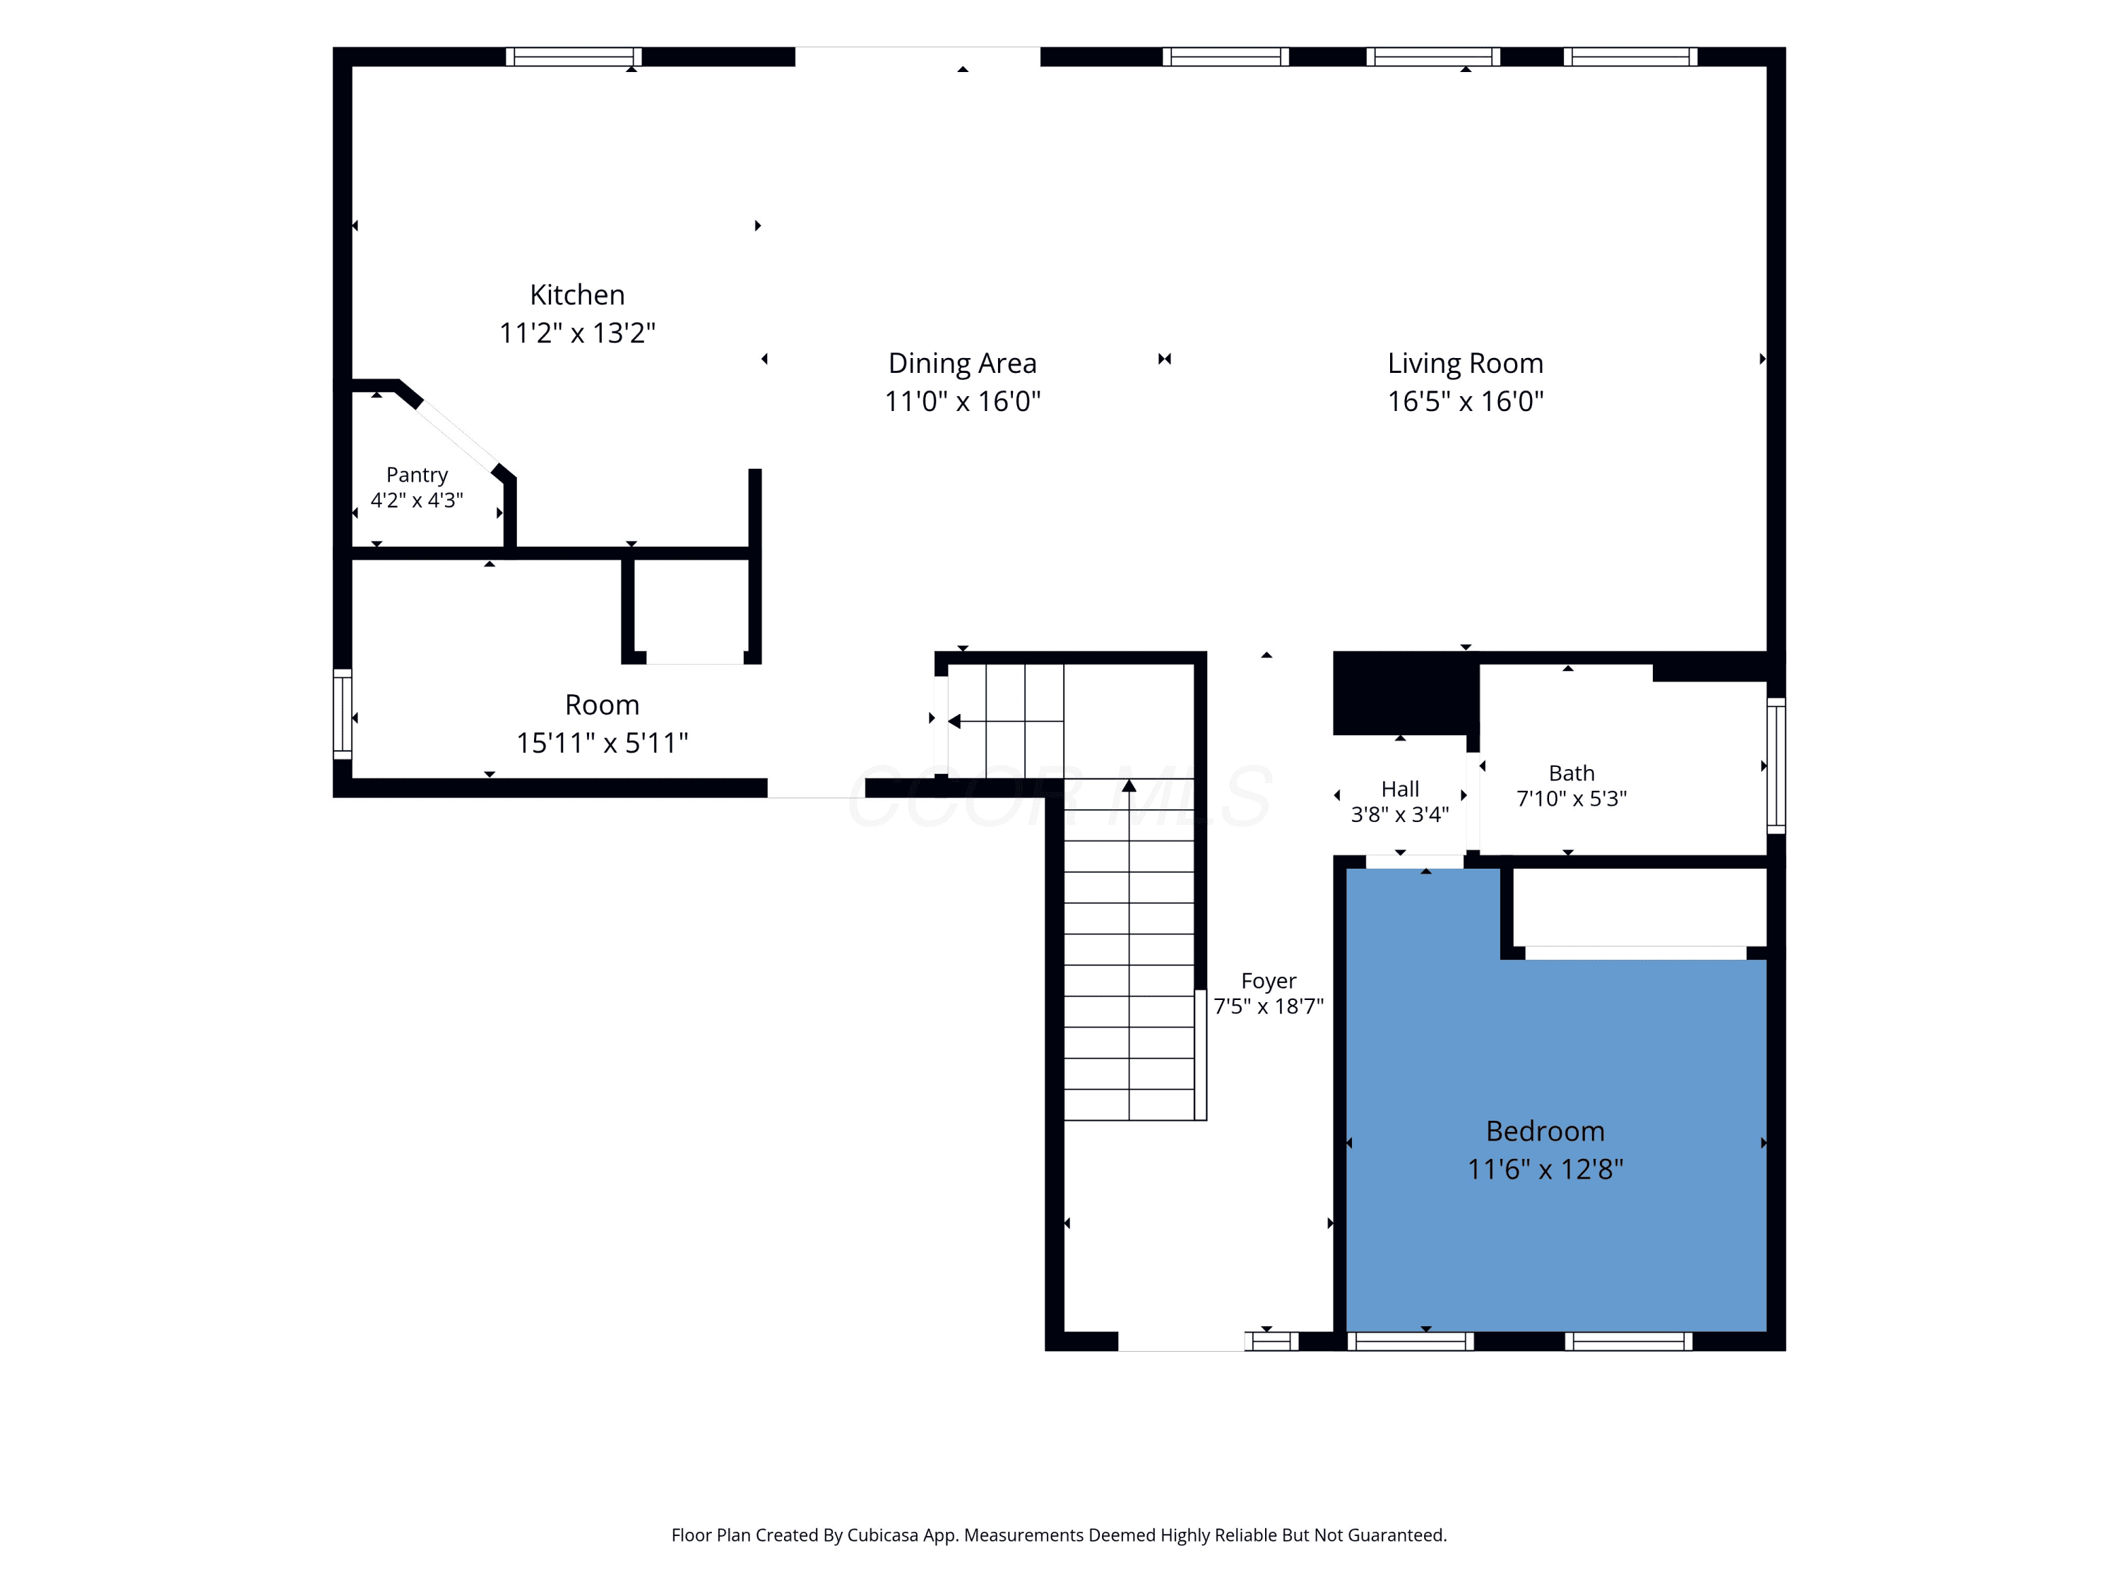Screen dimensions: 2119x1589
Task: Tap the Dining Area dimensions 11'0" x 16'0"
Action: click(962, 401)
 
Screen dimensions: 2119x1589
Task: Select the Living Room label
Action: click(1465, 364)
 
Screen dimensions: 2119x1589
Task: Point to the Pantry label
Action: click(417, 475)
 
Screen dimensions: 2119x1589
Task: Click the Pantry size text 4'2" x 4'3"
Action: click(417, 500)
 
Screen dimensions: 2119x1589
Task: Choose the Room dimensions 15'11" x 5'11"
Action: click(602, 743)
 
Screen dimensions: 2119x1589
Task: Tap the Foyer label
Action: click(1269, 981)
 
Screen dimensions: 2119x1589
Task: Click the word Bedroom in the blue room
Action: click(1545, 1131)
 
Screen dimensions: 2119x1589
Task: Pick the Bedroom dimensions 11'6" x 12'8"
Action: click(1545, 1170)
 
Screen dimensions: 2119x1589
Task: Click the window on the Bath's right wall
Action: click(1775, 766)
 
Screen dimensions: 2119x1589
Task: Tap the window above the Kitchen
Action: click(574, 56)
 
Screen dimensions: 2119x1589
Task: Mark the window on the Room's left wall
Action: click(342, 713)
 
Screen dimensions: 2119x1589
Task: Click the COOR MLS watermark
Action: click(1059, 797)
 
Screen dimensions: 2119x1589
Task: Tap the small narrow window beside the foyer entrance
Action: click(1271, 1341)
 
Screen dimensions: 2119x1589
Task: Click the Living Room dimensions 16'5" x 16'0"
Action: click(1465, 401)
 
